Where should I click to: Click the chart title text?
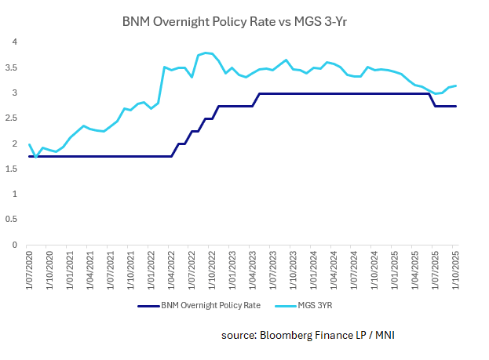(243, 21)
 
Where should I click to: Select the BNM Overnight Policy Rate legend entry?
(199, 306)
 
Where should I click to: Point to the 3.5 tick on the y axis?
(13, 67)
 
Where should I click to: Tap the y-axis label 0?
(13, 245)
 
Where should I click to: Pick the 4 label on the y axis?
(13, 42)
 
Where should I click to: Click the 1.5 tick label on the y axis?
(13, 169)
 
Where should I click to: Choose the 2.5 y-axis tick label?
(13, 118)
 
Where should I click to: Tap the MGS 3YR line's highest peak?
(206, 53)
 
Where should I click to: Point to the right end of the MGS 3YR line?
(456, 85)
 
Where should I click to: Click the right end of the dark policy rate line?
(456, 106)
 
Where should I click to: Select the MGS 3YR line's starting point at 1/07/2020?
(29, 144)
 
